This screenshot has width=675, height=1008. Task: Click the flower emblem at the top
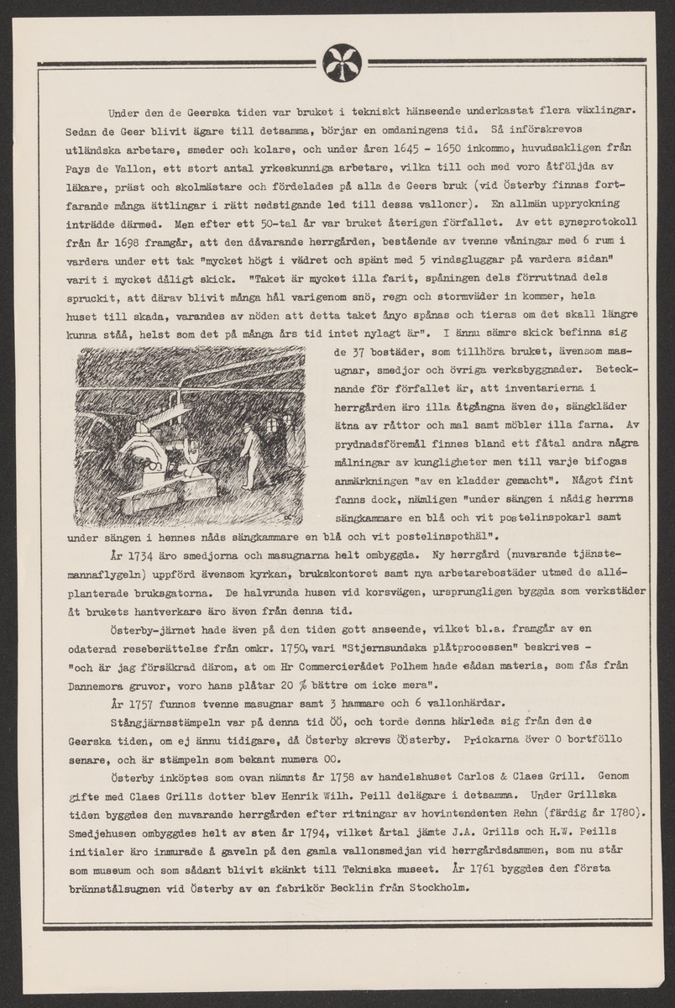[343, 61]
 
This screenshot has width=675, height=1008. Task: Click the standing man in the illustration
[249, 453]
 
